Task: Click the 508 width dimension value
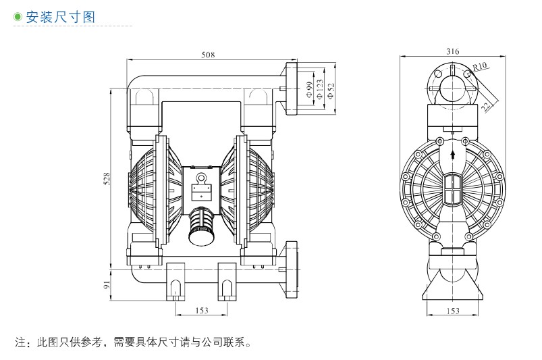point(208,55)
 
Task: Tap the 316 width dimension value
point(452,51)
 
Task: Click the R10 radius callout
point(479,66)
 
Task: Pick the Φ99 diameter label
point(308,89)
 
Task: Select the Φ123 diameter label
point(319,89)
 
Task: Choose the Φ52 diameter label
point(330,89)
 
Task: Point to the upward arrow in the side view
point(452,155)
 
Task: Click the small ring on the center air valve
point(200,178)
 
